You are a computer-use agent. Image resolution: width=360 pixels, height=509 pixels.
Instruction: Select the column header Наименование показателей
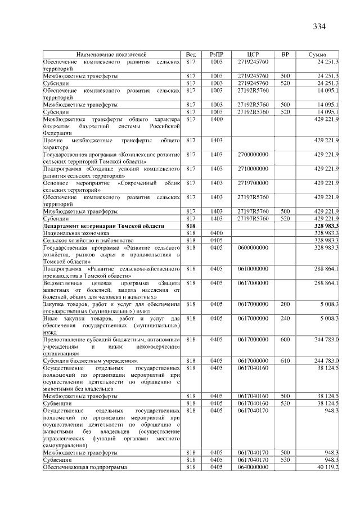[112, 54]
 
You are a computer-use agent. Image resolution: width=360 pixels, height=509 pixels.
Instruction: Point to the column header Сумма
[318, 54]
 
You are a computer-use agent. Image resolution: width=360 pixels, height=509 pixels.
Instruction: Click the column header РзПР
[217, 54]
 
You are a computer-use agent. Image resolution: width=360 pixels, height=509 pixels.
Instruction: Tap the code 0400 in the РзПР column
[217, 232]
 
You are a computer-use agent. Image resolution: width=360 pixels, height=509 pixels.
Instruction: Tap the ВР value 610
[285, 360]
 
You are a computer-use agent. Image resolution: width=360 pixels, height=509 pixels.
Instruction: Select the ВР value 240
[285, 318]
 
